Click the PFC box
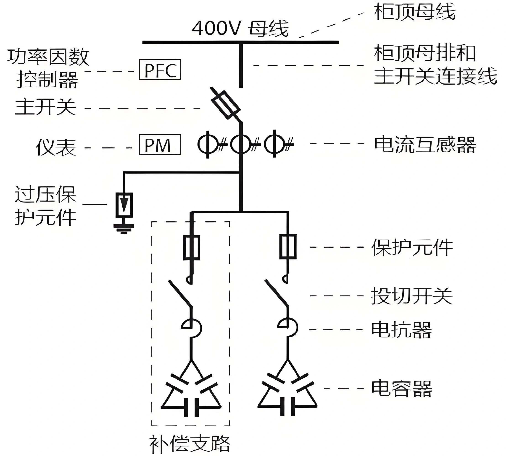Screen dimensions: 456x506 pos(160,70)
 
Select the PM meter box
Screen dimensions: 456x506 pos(160,145)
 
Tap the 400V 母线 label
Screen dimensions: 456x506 pos(240,28)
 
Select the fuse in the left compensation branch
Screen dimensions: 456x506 pos(192,248)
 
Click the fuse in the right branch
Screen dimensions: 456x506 pos(288,246)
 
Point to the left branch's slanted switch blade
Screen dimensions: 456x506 pos(180,293)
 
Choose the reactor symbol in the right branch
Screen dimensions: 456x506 pos(288,327)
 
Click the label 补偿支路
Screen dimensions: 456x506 pos(190,444)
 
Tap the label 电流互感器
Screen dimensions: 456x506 pos(425,145)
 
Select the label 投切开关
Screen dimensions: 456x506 pos(412,296)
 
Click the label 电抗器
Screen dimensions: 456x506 pos(401,329)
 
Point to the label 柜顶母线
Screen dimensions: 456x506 pos(414,11)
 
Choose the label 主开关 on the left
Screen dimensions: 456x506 pos(45,107)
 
